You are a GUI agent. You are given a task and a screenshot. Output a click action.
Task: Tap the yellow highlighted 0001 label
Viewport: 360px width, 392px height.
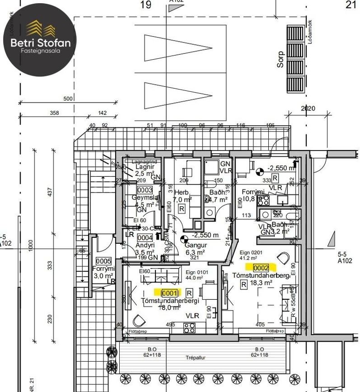[167, 293]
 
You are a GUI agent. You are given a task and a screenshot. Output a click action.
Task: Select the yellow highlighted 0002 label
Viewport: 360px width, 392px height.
[261, 268]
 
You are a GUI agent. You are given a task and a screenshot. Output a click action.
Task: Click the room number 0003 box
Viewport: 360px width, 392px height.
[145, 190]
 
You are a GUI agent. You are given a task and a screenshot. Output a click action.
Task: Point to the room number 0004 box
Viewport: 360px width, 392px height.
[145, 237]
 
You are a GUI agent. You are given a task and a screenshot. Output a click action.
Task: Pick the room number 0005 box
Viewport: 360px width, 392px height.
[103, 261]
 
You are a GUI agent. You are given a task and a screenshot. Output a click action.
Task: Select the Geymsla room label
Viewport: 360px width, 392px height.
[144, 198]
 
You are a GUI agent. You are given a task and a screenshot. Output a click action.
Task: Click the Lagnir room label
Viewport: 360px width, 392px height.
[145, 166]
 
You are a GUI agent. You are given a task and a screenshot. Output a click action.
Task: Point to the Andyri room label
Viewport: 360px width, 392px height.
[145, 245]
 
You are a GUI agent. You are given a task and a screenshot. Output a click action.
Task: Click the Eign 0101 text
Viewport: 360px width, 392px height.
[197, 272]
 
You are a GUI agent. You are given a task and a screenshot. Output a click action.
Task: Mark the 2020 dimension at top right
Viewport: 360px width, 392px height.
[307, 109]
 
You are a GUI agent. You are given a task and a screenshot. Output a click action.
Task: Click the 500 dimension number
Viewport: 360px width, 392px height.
[68, 99]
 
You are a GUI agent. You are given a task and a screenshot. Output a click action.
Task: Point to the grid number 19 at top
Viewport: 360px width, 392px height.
[145, 5]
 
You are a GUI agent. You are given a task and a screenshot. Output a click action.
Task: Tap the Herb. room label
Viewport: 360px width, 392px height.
[182, 192]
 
